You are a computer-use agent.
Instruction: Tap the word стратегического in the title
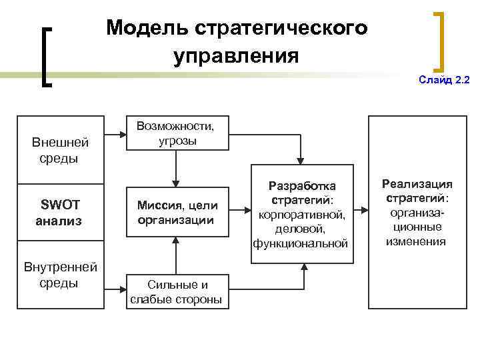click(x=282, y=28)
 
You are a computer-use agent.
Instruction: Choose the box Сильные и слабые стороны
click(x=176, y=291)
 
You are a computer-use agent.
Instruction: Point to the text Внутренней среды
click(x=61, y=275)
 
